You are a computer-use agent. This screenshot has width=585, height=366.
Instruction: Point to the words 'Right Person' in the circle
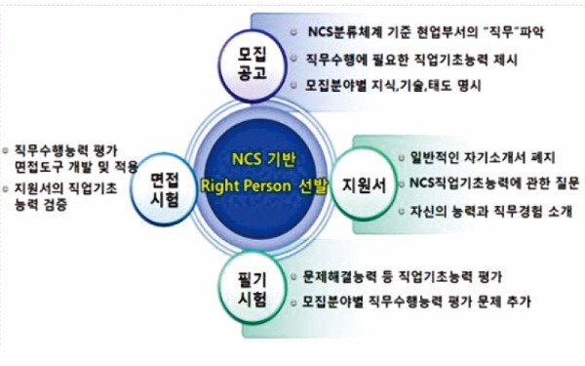tap(243, 185)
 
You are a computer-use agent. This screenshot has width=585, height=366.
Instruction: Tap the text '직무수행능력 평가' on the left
tap(65, 150)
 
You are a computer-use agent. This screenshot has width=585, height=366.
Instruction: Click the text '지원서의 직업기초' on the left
tap(65, 187)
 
